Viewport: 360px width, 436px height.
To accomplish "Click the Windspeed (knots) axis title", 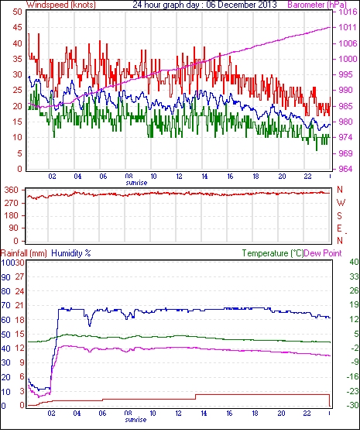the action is pos(61,5).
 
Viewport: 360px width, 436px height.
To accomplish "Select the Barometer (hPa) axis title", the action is pos(317,5).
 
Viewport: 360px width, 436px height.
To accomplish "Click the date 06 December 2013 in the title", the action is pos(242,5).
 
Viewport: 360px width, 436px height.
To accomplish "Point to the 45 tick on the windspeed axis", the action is pos(18,28).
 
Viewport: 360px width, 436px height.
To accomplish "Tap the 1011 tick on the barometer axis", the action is pos(348,27).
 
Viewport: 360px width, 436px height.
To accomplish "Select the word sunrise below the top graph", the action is pos(136,183).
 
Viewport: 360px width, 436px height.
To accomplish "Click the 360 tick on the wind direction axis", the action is pos(12,191).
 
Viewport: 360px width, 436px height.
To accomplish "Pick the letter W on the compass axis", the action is pos(341,203).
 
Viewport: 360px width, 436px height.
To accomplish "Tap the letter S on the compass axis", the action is pos(339,215).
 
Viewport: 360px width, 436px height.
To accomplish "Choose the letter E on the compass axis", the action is pos(339,228).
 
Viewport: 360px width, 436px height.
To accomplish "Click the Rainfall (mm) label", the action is pos(24,253).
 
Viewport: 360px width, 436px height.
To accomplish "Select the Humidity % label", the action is pos(71,253).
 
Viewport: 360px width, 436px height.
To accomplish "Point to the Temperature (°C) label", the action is pos(273,253).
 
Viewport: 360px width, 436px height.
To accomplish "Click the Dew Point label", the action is pos(323,253).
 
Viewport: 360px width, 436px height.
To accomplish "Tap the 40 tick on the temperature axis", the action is pos(354,262).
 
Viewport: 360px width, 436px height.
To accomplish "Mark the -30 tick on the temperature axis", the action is pos(352,405).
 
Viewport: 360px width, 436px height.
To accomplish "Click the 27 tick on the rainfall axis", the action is pos(19,277).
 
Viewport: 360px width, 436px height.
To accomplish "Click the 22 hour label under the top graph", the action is pos(307,177).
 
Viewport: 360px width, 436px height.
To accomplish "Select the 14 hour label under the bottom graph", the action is pos(204,414).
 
